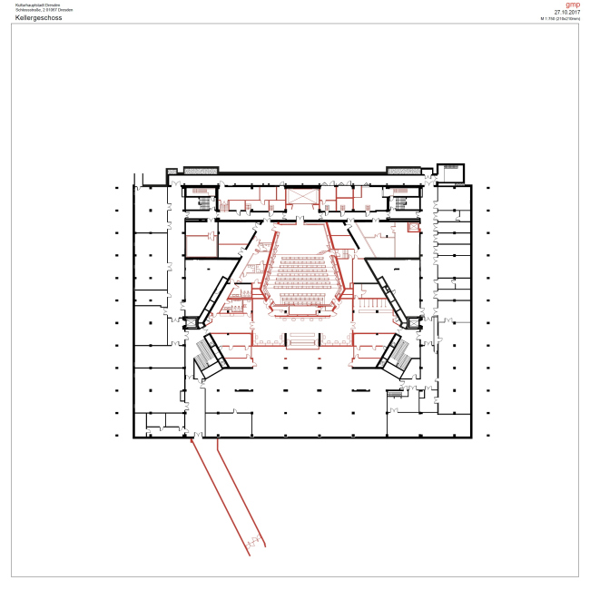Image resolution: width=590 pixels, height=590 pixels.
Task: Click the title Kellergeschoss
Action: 38,17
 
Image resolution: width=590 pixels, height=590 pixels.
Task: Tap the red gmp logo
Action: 572,5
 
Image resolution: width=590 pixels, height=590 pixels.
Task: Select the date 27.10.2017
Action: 566,12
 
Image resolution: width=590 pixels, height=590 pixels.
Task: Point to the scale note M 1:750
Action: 560,18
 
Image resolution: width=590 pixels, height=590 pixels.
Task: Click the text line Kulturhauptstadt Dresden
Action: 36,5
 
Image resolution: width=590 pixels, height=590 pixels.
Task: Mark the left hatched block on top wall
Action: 201,170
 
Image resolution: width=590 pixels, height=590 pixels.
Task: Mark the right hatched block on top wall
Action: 403,170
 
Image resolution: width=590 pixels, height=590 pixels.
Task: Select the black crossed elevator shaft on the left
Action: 192,322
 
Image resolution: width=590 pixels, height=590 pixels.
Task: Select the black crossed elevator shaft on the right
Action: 413,322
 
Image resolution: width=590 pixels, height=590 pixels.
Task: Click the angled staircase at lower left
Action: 205,360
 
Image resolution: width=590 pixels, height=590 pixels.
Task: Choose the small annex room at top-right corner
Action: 450,172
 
